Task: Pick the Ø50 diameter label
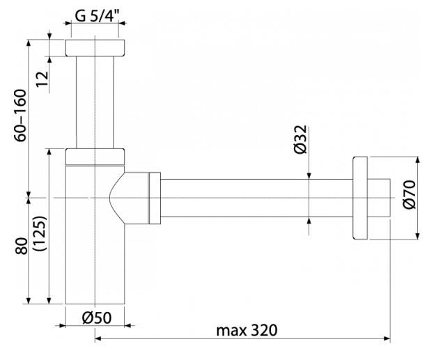pos(95,317)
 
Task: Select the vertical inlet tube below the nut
pos(95,101)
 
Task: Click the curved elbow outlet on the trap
pos(129,198)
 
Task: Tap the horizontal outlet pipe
pos(258,198)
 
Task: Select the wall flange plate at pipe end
pos(361,198)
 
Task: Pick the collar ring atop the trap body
pos(95,155)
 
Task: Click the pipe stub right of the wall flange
pos(380,198)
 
